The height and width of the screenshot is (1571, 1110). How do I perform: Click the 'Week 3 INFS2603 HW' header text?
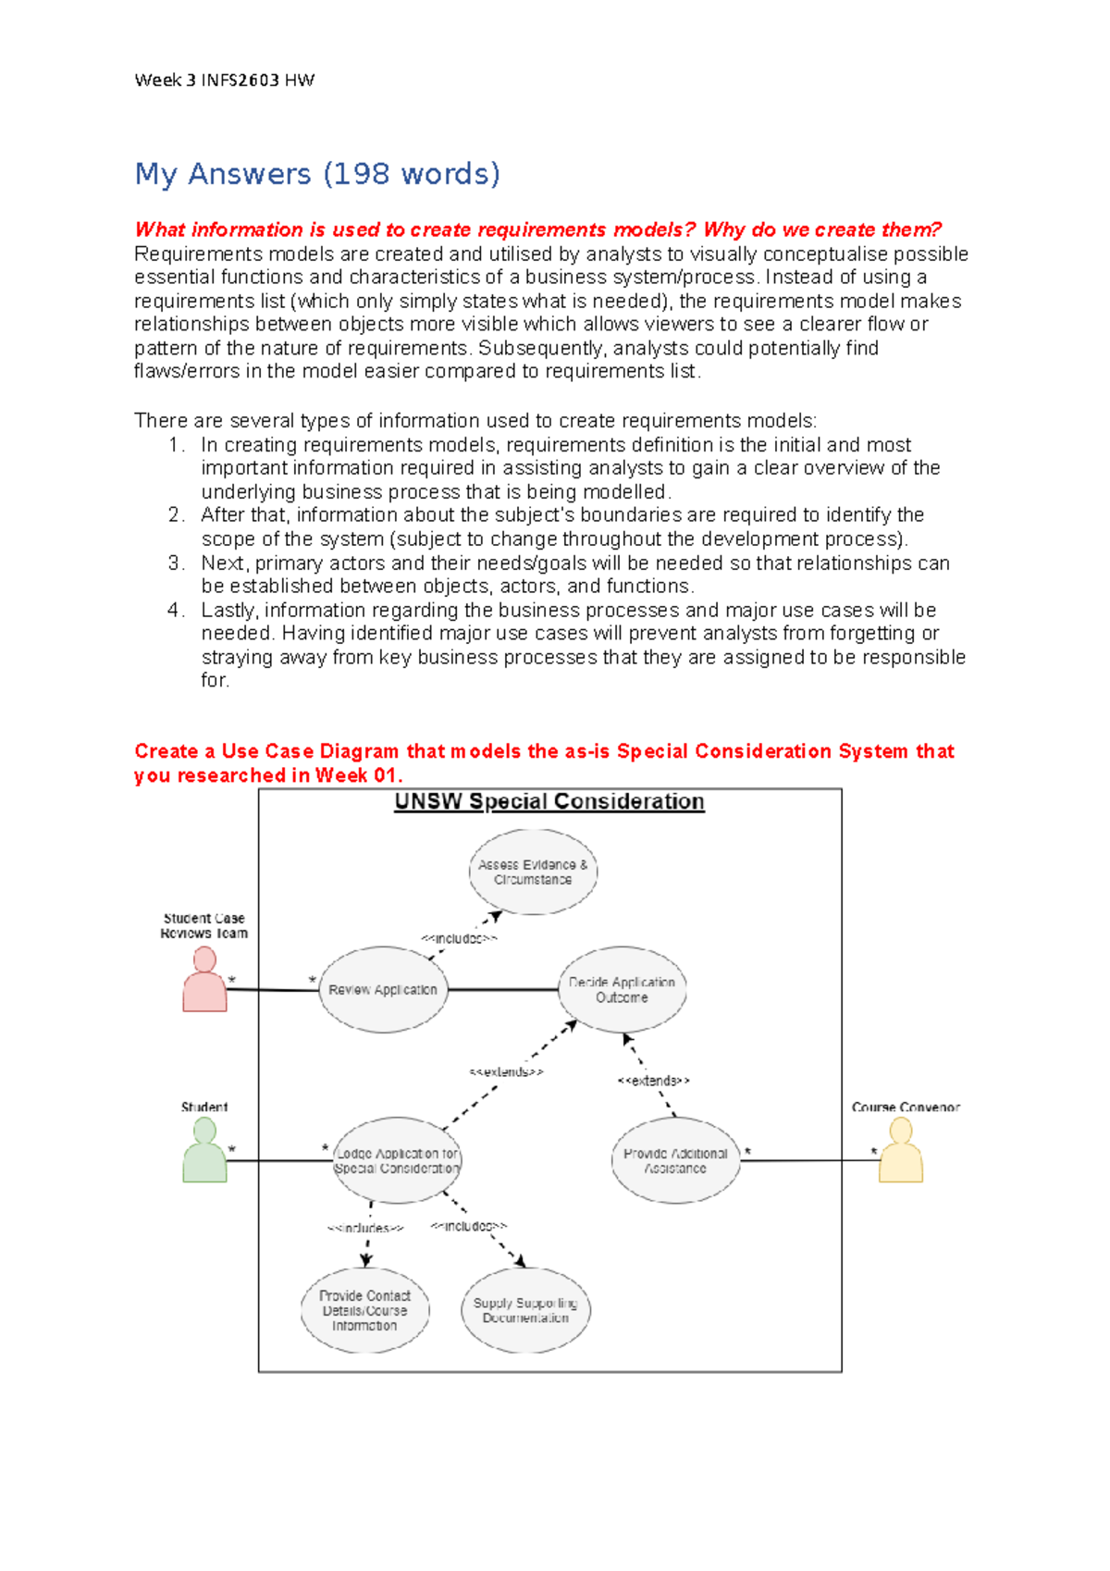224,80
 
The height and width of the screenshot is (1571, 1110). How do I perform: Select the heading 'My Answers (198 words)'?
317,174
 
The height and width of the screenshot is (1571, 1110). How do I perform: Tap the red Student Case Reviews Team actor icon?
204,981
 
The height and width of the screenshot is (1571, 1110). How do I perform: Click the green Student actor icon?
204,1151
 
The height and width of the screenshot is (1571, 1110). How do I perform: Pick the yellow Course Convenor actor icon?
900,1151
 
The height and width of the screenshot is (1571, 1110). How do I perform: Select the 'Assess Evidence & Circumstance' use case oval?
533,872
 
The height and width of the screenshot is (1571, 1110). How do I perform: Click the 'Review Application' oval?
383,989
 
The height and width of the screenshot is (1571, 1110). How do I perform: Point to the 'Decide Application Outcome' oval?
622,989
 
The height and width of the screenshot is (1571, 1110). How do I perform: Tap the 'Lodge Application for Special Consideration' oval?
397,1160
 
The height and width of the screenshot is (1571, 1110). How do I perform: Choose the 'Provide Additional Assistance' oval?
675,1160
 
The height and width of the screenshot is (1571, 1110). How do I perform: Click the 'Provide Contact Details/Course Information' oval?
364,1310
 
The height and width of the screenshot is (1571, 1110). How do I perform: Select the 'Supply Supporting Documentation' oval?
525,1310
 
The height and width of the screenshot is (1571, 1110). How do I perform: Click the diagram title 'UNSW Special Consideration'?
549,801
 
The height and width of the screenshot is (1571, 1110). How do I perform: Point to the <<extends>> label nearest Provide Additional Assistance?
653,1081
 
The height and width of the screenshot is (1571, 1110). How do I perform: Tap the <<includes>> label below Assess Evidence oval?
459,938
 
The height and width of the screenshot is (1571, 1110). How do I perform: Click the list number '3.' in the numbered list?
177,563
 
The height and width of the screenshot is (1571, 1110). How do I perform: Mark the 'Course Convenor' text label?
906,1107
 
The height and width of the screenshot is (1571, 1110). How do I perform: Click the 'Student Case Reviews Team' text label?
204,925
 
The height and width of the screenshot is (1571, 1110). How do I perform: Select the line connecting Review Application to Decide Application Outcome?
502,989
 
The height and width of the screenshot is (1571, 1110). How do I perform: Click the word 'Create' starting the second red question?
166,751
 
